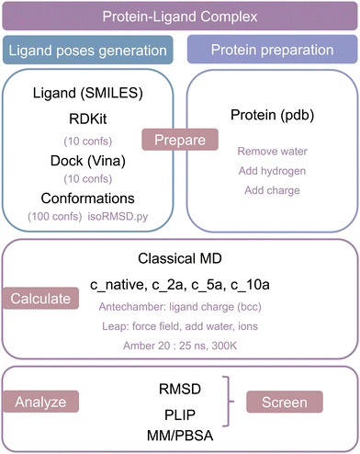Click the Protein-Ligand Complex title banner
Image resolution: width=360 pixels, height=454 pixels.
click(180, 17)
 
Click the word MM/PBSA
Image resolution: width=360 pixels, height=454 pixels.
click(180, 433)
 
